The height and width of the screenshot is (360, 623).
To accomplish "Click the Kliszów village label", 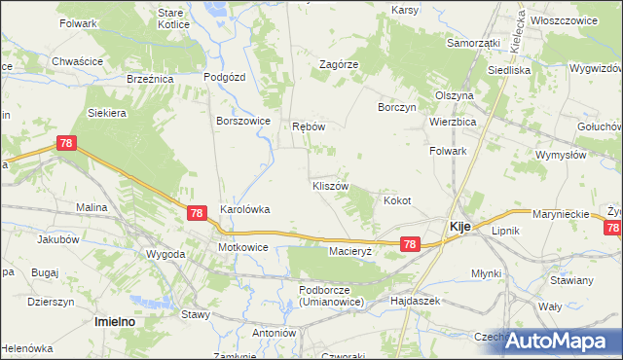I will [329, 185].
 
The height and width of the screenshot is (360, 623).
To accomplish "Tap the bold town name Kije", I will [459, 226].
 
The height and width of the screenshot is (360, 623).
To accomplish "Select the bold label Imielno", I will [113, 320].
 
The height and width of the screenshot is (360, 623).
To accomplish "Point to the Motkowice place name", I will [242, 248].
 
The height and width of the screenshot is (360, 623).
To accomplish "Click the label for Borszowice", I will [242, 122].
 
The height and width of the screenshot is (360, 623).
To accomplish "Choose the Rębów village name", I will [308, 126].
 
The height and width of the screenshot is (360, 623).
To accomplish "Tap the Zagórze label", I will [340, 64].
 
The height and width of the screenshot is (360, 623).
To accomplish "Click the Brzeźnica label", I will [150, 79].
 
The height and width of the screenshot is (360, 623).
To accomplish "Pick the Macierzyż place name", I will [351, 251].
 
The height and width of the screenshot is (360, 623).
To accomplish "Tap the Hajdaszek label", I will [416, 302].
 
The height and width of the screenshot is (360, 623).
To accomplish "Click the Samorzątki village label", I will [473, 44].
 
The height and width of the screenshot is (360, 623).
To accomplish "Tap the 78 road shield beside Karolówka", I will [197, 213].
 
